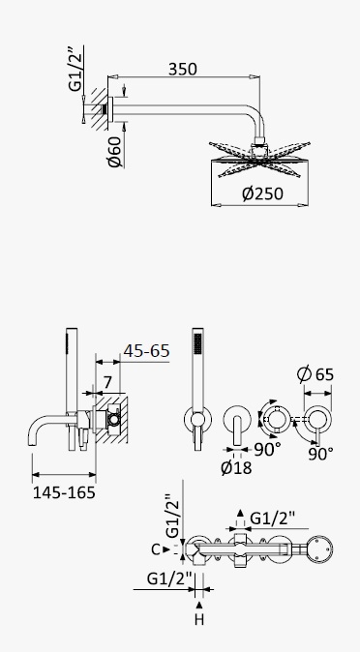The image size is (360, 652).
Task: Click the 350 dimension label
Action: (x=182, y=69)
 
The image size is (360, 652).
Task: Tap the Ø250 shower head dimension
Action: (x=262, y=193)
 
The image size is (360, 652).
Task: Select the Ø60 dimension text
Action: (x=115, y=151)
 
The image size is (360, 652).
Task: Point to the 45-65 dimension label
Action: (x=146, y=351)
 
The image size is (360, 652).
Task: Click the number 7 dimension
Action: (x=107, y=382)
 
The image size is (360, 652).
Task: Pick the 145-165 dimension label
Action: (x=64, y=492)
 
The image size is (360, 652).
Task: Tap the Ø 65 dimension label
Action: (x=315, y=374)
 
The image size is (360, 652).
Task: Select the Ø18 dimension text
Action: (x=236, y=468)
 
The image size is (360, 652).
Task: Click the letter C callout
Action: (x=155, y=549)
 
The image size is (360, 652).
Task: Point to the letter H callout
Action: (x=199, y=620)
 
